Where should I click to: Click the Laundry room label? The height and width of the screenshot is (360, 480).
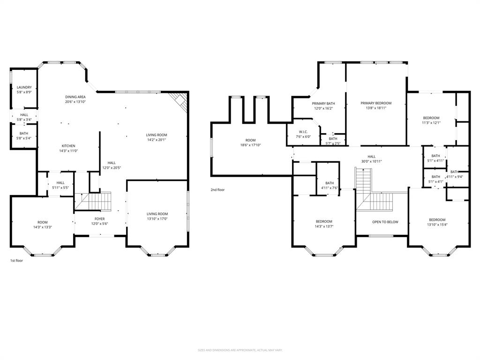click(x=24, y=88)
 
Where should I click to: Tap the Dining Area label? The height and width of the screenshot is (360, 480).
click(x=75, y=97)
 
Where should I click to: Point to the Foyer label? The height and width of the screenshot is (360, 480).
click(x=99, y=219)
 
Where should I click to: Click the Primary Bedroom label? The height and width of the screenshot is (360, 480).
click(x=375, y=103)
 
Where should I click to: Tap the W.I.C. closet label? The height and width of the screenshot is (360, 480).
click(x=302, y=132)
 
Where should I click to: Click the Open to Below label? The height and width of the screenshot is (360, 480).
click(x=385, y=222)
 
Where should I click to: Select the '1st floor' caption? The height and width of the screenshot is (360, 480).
click(x=16, y=260)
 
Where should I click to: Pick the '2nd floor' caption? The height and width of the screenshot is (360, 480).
click(x=217, y=190)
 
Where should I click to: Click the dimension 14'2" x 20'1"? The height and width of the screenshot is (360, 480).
click(x=157, y=140)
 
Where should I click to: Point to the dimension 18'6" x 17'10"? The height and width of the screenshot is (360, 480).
click(x=250, y=145)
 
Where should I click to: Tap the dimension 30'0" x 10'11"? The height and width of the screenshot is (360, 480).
click(x=371, y=161)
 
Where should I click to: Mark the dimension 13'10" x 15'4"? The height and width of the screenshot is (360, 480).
click(x=437, y=225)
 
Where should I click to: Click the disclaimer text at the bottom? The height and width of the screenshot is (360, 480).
click(x=240, y=350)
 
